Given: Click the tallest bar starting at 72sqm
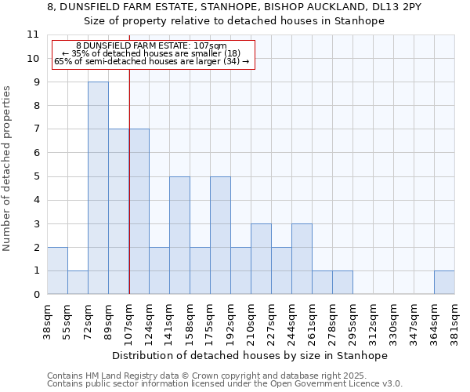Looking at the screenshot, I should tap(98, 188).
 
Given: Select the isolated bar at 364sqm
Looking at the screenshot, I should tap(444, 282).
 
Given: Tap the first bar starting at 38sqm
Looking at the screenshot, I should tap(57, 270).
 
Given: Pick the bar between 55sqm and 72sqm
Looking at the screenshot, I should tap(78, 282).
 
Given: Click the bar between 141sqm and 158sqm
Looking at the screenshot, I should tap(179, 235).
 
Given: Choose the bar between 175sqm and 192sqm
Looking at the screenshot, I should tap(220, 235).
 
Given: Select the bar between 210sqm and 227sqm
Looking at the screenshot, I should tap(261, 259).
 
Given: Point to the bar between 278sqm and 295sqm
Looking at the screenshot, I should tap(342, 282).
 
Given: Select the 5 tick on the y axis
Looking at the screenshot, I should tap(35, 176).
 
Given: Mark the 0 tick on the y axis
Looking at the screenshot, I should tap(35, 295).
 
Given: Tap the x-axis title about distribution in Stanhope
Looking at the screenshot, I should tap(250, 355).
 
